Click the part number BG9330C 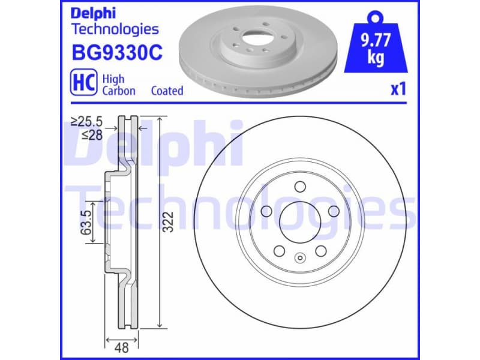click(116, 53)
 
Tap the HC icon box click(84, 84)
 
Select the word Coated click(167, 91)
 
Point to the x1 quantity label click(398, 89)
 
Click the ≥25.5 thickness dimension click(87, 122)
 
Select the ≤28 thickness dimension click(92, 135)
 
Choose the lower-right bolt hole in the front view click(320, 250)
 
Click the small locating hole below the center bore click(298, 258)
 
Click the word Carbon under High click(118, 91)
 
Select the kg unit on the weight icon click(376, 59)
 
